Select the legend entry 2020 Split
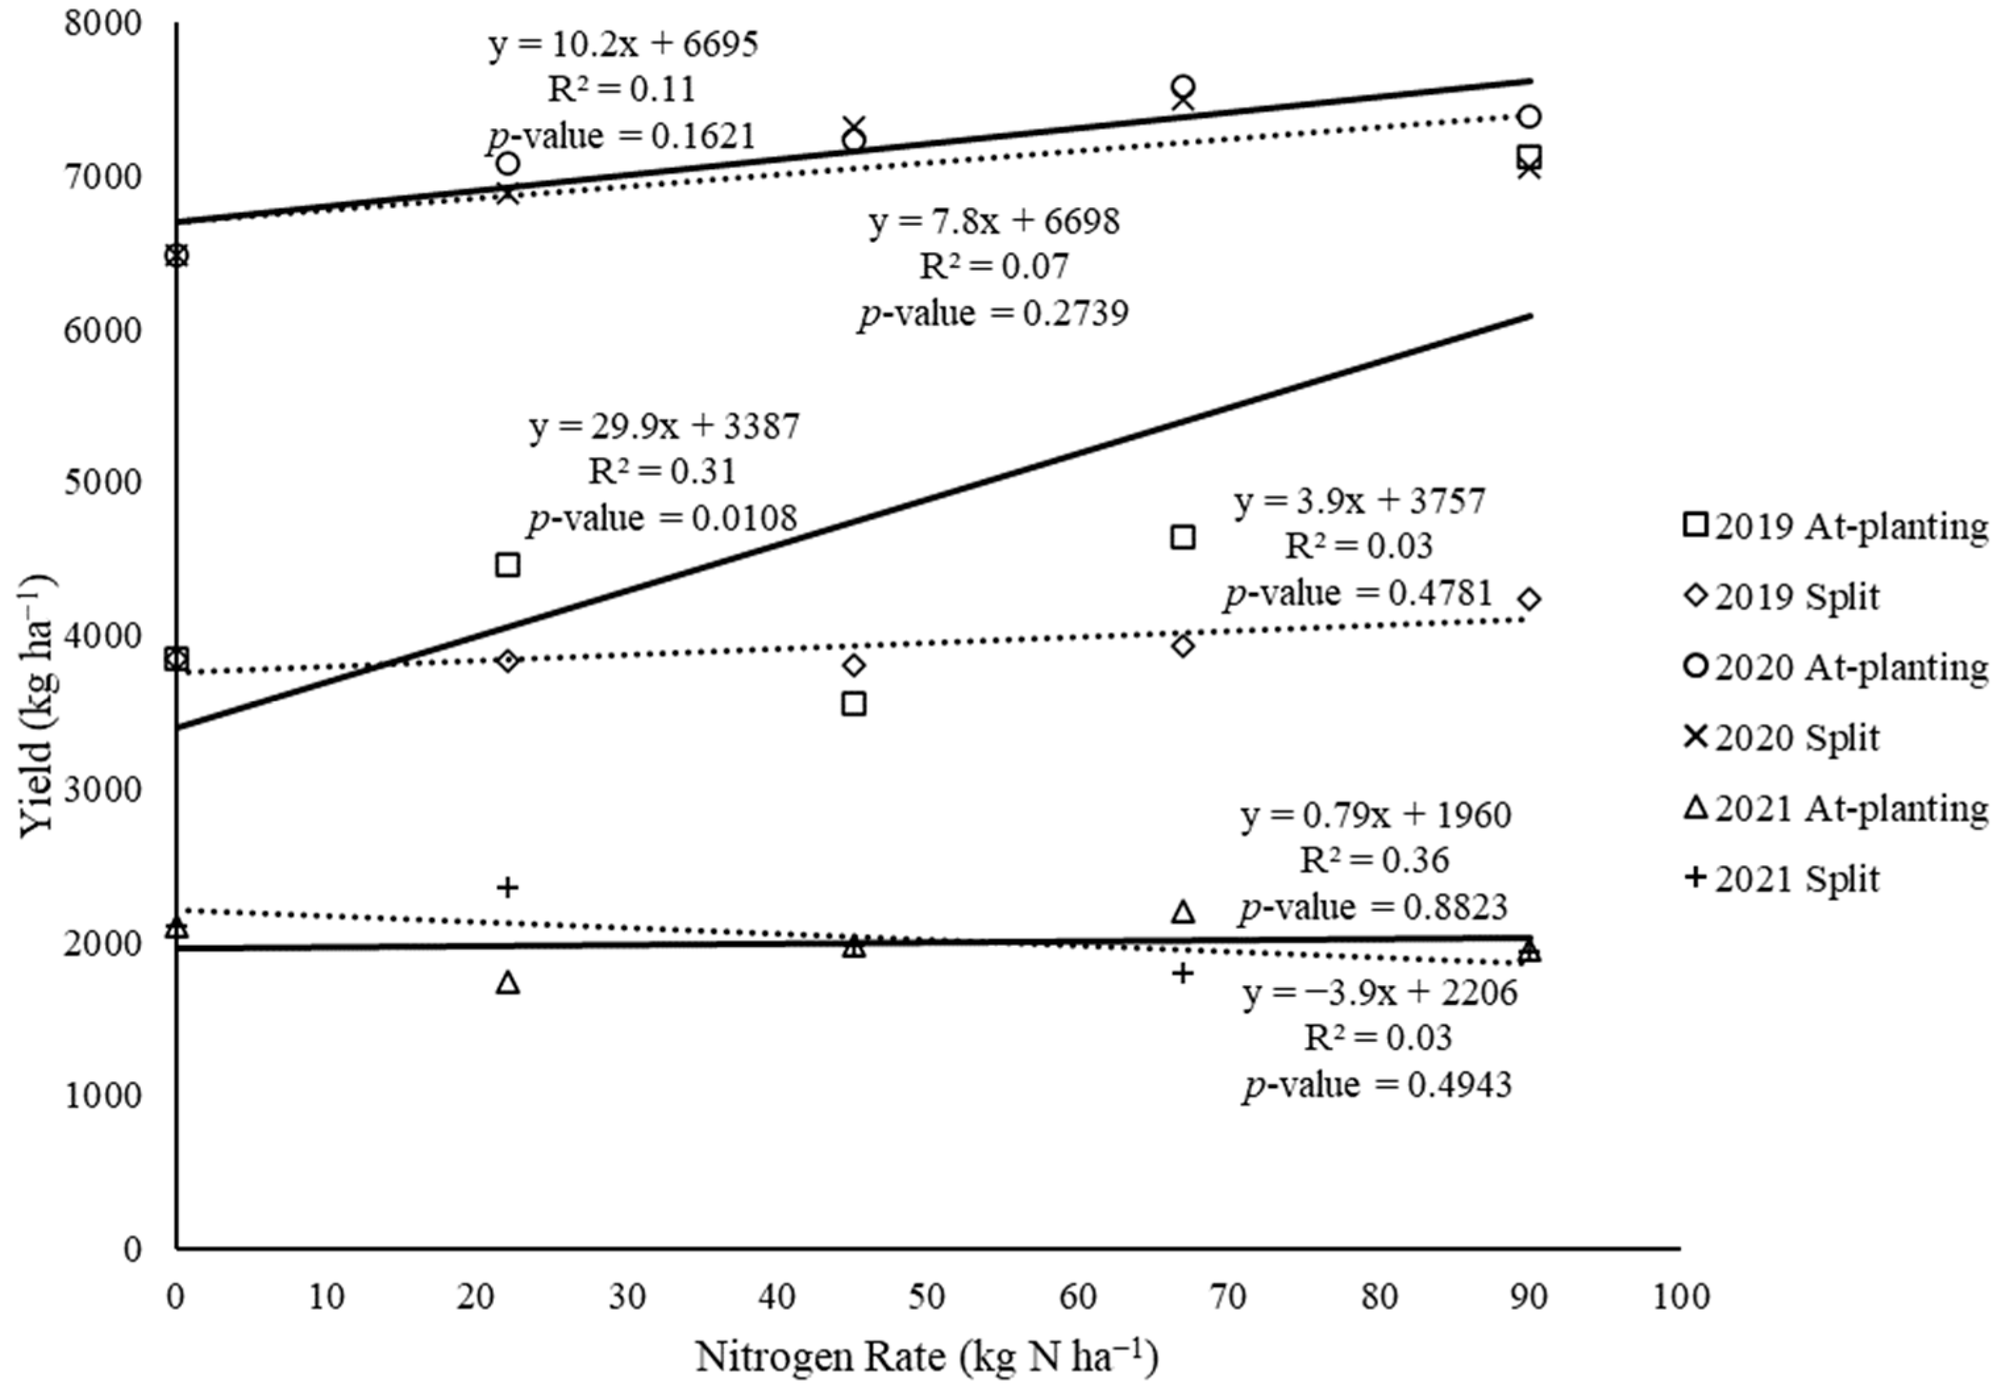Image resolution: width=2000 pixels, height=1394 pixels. pyautogui.click(x=1782, y=737)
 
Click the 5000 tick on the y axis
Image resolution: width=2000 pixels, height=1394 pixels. pyautogui.click(x=103, y=482)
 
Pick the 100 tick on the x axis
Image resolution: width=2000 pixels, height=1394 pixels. pyautogui.click(x=1680, y=1297)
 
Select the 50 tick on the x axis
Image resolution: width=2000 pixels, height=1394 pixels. pyautogui.click(x=927, y=1297)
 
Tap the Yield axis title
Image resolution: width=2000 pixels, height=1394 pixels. pyautogui.click(x=37, y=706)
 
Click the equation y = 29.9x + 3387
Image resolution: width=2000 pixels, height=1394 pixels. pyautogui.click(x=664, y=427)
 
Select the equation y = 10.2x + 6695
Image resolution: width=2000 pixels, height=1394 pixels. pyautogui.click(x=623, y=43)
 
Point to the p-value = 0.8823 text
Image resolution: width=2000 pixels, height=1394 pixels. pyautogui.click(x=1373, y=907)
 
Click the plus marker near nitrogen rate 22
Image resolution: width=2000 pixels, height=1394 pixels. pyautogui.click(x=508, y=888)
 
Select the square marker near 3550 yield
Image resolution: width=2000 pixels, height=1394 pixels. pyautogui.click(x=854, y=703)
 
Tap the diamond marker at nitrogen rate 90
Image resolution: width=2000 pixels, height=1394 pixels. pyautogui.click(x=1529, y=600)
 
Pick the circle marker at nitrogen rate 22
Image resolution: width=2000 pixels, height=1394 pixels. pyautogui.click(x=508, y=164)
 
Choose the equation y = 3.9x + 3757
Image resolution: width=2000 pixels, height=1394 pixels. pyautogui.click(x=1359, y=501)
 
